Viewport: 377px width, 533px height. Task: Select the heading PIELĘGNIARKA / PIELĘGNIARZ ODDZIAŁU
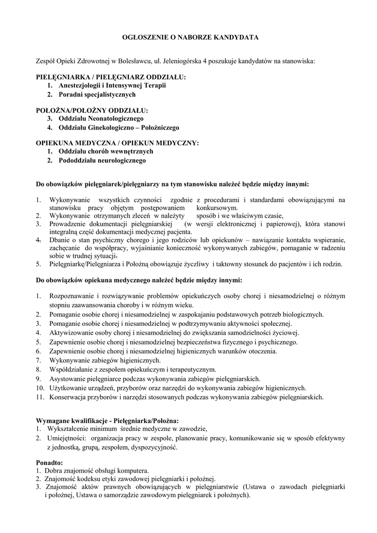pos(110,77)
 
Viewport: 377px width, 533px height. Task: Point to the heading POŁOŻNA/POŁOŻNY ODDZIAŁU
pos(92,110)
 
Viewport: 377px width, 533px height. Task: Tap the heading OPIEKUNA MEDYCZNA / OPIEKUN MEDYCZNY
pos(117,143)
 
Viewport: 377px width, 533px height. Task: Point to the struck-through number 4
pos(38,240)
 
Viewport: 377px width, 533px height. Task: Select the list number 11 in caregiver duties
pos(40,397)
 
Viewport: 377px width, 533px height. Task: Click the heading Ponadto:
pos(49,462)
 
